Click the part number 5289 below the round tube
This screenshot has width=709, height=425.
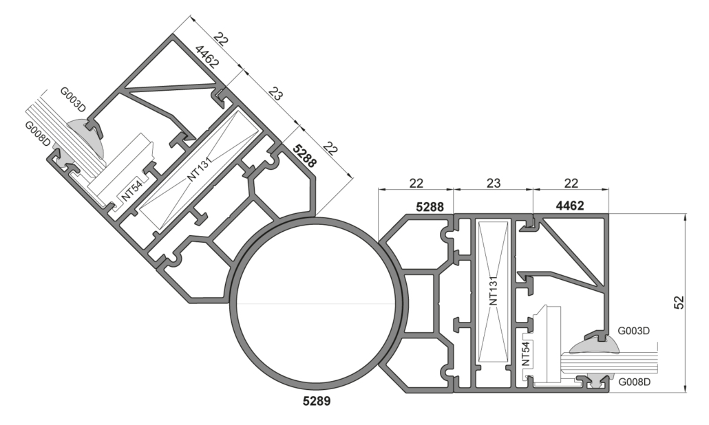click(x=316, y=401)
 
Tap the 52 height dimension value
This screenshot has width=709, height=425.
click(x=677, y=302)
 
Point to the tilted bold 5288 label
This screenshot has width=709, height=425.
click(x=304, y=156)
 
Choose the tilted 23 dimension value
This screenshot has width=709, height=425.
click(x=275, y=95)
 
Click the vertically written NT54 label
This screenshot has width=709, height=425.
click(x=525, y=353)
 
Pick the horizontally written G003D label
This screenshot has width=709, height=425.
click(x=633, y=331)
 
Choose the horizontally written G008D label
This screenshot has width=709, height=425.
click(x=633, y=382)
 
